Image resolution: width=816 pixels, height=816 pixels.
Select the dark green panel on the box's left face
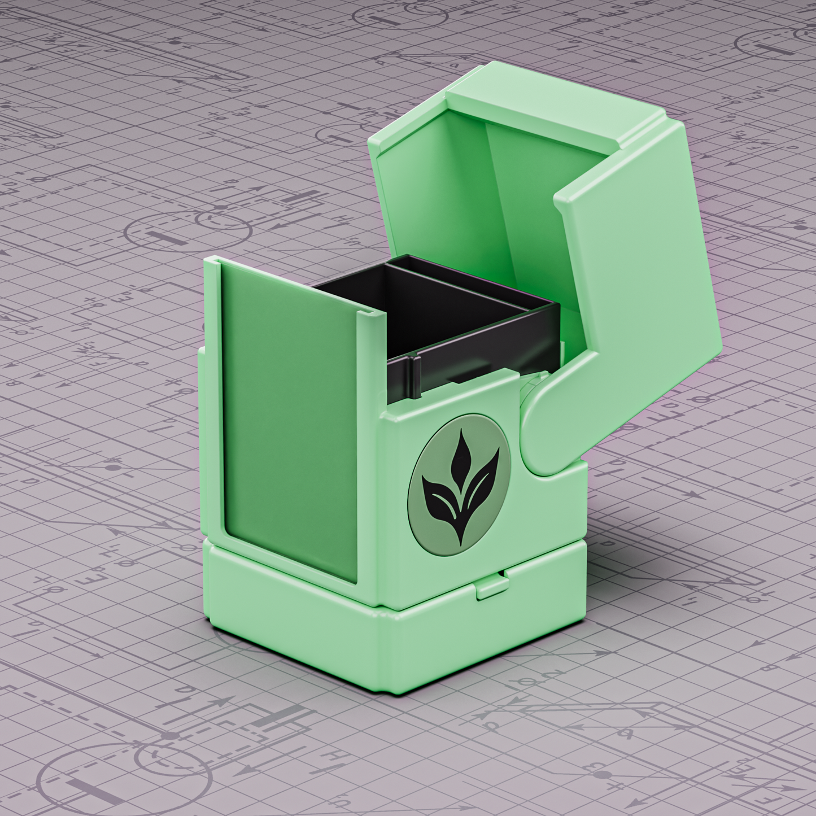288,418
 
